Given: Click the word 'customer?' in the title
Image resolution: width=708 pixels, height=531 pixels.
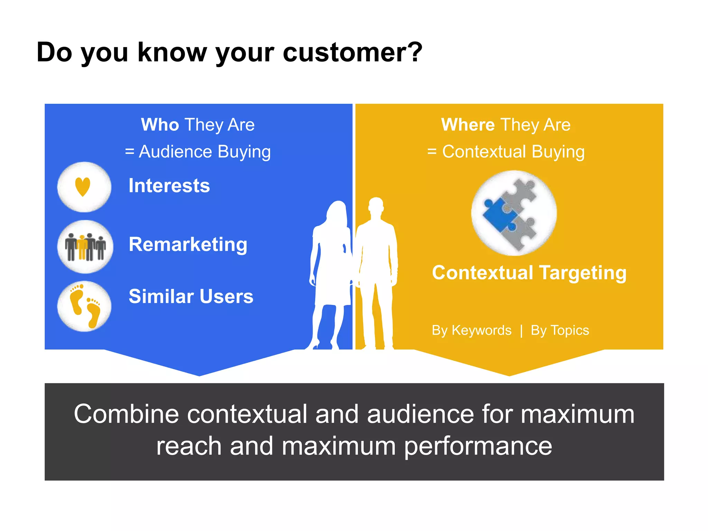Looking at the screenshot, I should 353,53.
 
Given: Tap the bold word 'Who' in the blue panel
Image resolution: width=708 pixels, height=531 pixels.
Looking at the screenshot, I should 160,124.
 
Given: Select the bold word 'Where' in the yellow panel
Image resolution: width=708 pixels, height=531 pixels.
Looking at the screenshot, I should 468,124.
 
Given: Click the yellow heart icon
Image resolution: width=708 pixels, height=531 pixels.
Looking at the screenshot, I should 83,187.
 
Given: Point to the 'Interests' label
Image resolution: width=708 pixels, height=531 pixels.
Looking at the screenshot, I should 169,186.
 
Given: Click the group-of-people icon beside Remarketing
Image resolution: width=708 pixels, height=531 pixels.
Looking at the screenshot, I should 85,247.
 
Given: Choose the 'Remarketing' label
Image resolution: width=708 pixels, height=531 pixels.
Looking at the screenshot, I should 188,244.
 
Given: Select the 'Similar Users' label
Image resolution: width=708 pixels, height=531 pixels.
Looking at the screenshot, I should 191,296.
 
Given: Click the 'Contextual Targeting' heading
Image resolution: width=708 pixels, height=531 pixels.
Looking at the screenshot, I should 529,273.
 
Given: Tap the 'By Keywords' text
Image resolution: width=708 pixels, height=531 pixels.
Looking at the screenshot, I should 472,330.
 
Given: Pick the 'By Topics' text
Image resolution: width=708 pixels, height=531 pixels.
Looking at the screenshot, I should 560,330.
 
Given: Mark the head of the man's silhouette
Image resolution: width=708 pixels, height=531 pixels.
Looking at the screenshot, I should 376,207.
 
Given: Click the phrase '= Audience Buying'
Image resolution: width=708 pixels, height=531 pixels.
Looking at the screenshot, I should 198,152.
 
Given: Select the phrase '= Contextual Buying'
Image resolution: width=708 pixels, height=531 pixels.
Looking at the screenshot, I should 506,152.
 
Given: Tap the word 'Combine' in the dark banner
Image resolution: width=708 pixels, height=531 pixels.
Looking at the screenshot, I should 126,414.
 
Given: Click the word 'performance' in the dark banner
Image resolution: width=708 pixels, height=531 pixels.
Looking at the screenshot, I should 478,446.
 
